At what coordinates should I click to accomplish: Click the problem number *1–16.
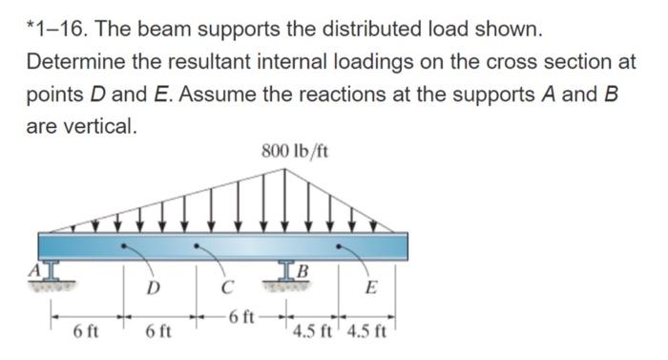59,30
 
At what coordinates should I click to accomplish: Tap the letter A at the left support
35,270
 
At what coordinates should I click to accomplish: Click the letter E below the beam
370,287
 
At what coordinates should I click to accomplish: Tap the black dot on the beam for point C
196,245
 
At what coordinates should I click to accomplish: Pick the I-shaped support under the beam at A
52,271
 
